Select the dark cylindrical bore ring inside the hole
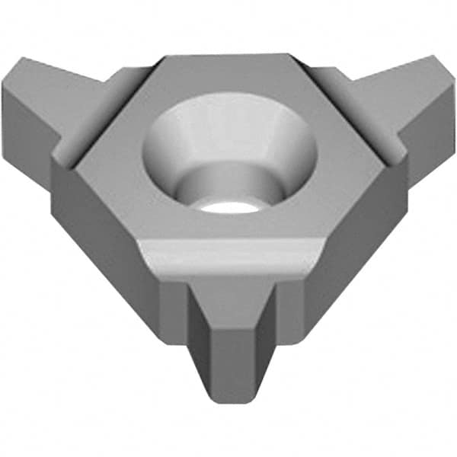coord(228,183)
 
